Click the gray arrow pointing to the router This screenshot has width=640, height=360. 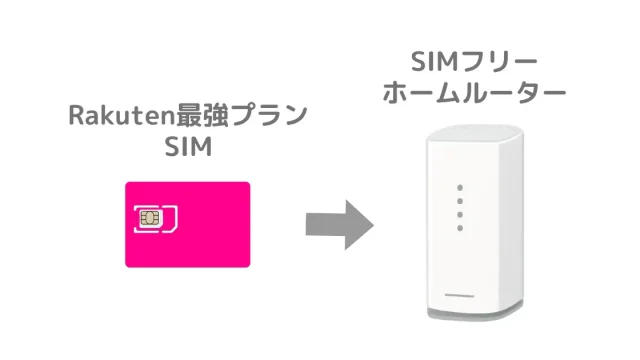tap(340, 225)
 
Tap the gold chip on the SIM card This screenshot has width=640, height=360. tap(149, 218)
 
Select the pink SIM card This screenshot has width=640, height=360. tap(188, 224)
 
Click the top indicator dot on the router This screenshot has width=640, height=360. tap(460, 188)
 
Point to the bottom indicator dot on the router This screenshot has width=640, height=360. tap(460, 228)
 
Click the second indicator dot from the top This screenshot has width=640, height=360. tap(460, 201)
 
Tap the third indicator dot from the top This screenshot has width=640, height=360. tap(460, 215)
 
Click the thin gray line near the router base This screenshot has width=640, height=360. tap(459, 295)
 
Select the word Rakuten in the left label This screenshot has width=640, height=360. tap(122, 115)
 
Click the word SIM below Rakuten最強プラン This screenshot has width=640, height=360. tap(189, 147)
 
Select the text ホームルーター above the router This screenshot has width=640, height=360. tap(474, 93)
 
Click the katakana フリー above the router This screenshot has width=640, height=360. tap(498, 62)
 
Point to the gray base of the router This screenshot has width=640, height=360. tap(476, 313)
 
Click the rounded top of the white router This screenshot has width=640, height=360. tap(475, 133)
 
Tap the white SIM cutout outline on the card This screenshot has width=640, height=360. tap(156, 219)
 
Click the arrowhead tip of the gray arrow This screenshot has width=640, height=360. tap(373, 225)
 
